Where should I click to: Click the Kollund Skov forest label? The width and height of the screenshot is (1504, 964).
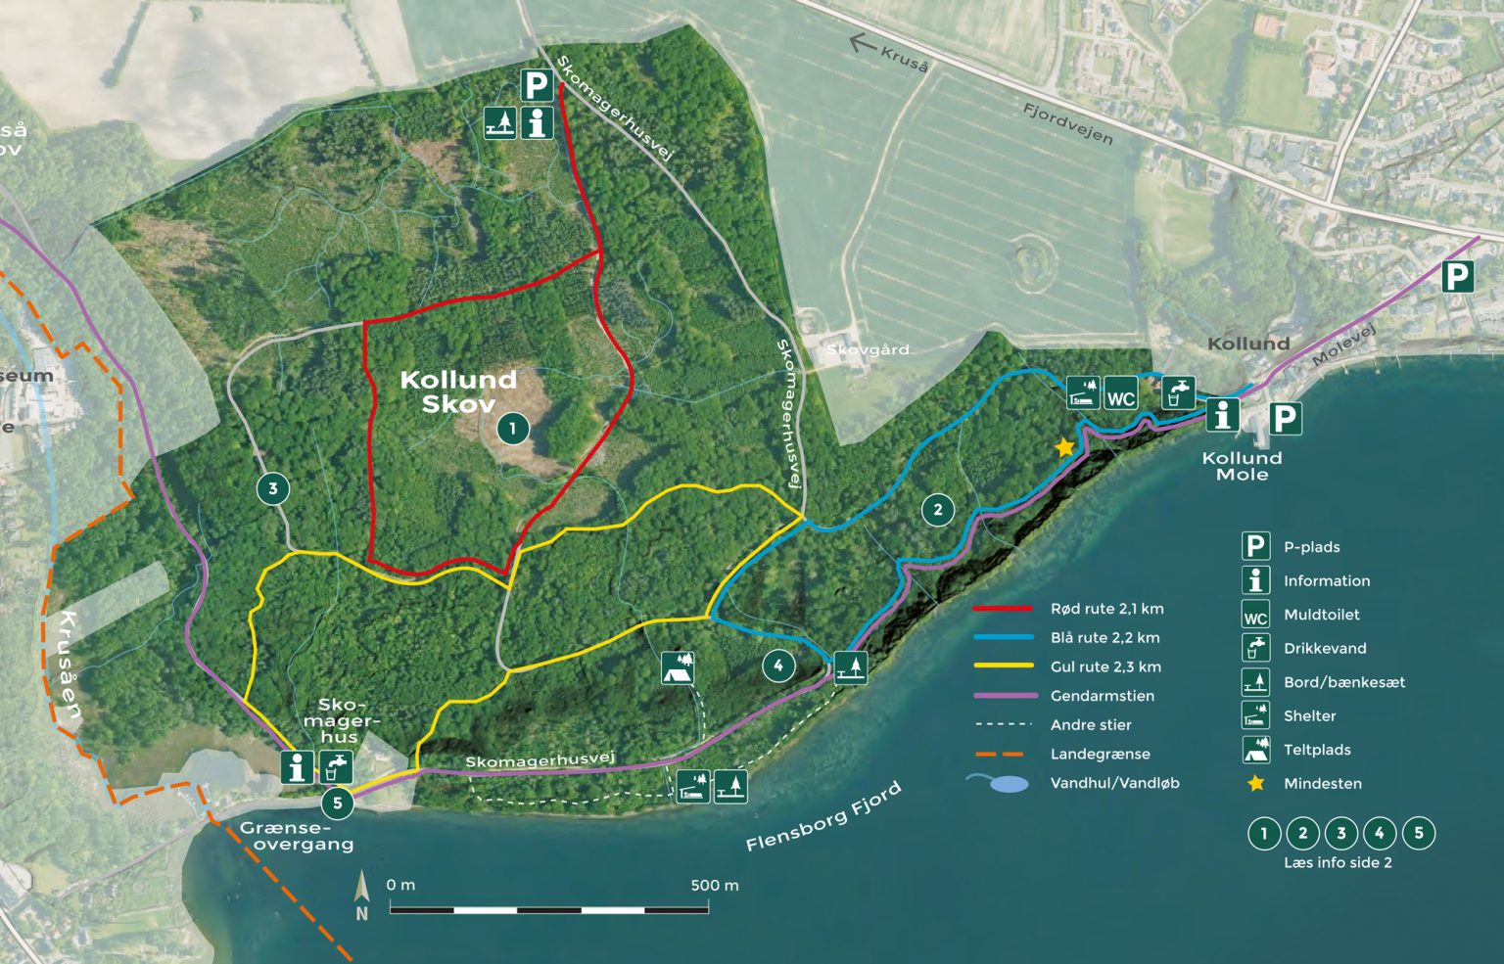[458, 391]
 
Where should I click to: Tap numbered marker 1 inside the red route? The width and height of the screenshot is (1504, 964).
[512, 428]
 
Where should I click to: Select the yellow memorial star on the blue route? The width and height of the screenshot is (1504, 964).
[1064, 448]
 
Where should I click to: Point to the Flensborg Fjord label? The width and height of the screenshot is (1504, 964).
[822, 817]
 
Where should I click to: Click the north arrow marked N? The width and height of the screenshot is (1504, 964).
[361, 895]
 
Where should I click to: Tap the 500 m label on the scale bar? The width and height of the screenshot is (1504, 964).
[714, 886]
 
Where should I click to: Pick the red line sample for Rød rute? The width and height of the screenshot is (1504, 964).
[1002, 609]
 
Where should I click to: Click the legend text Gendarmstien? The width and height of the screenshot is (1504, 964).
[1102, 696]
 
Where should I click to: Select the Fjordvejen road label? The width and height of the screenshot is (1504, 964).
[1067, 123]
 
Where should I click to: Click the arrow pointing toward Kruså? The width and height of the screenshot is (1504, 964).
[862, 42]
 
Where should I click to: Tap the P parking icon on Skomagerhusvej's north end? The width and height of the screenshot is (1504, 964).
[536, 86]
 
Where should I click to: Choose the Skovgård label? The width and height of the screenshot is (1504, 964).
[868, 349]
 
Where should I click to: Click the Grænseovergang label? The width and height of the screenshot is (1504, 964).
[297, 836]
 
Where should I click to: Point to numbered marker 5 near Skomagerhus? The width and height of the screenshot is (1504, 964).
[337, 803]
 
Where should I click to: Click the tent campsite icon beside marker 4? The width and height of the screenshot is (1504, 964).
[677, 667]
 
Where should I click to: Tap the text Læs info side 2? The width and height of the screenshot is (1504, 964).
[1338, 862]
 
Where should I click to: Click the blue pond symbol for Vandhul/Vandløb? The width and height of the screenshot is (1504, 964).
[1009, 784]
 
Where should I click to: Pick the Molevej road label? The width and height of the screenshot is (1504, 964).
[1343, 346]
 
